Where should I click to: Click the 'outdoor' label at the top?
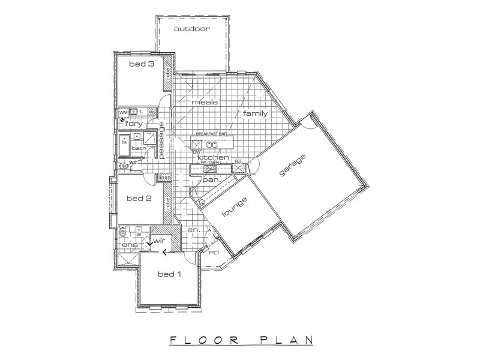pyautogui.click(x=192, y=29)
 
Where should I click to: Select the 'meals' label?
pyautogui.click(x=204, y=102)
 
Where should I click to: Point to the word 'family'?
pyautogui.click(x=255, y=113)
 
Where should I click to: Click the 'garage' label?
pyautogui.click(x=293, y=165)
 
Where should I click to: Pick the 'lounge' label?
pyautogui.click(x=232, y=208)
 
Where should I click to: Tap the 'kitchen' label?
pyautogui.click(x=214, y=157)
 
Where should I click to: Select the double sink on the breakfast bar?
pyautogui.click(x=211, y=144)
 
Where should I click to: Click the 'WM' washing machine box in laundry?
pyautogui.click(x=123, y=112)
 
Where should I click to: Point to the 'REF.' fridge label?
pyautogui.click(x=238, y=161)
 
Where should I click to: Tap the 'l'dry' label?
pyautogui.click(x=134, y=124)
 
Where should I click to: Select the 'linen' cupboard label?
pyautogui.click(x=163, y=178)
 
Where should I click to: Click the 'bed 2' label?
pyautogui.click(x=139, y=198)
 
